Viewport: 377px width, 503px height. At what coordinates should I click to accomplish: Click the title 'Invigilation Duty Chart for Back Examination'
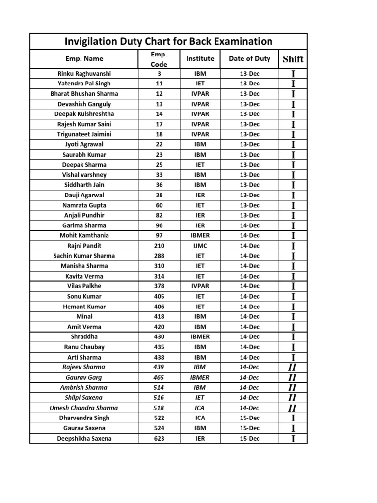(168, 41)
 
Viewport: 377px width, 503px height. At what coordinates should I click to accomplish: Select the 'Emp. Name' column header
(84, 59)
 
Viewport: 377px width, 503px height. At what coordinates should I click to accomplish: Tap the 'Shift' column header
(293, 59)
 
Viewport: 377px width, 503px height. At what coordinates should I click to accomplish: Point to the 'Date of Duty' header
(249, 59)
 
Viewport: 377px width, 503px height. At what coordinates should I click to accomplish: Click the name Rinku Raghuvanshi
(84, 74)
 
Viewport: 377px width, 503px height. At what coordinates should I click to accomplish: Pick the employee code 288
(159, 256)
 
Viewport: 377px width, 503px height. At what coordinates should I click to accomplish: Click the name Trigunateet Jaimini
(84, 134)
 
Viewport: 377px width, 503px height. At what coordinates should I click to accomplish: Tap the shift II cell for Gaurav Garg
(293, 378)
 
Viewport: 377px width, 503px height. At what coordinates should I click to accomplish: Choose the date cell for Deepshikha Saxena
(249, 439)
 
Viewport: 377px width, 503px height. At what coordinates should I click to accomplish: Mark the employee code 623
(159, 439)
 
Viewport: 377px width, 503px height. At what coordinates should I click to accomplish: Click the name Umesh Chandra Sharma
(84, 408)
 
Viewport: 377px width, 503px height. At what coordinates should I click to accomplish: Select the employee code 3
(159, 74)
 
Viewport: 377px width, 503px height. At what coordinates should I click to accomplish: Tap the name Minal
(84, 317)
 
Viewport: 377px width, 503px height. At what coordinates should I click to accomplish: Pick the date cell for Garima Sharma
(249, 225)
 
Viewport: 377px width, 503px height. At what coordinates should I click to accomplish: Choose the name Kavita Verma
(84, 276)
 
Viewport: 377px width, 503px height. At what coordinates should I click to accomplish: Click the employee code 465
(159, 378)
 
